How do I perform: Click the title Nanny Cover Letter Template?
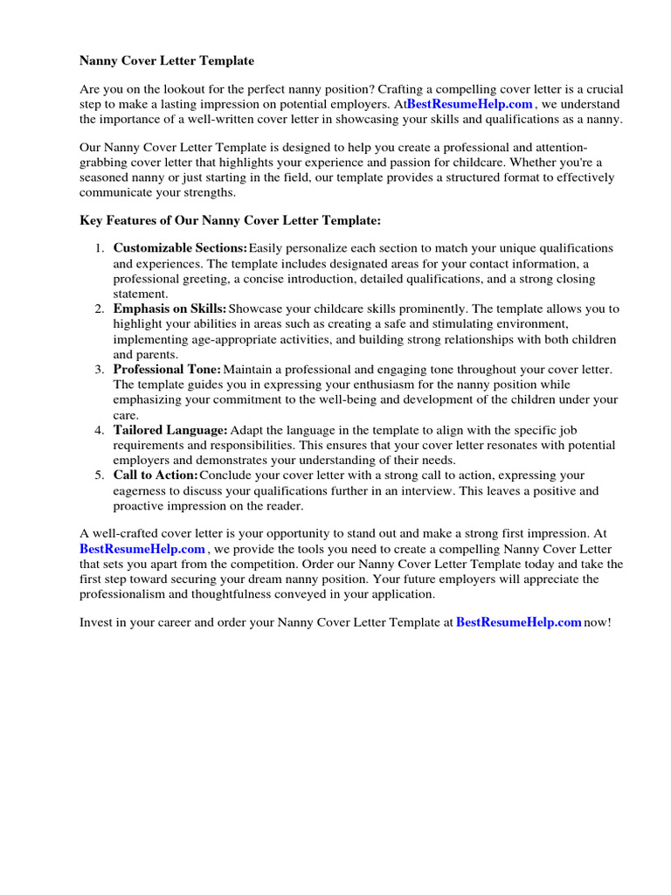[167, 61]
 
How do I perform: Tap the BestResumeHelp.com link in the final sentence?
[519, 622]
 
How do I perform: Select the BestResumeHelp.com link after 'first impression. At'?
[142, 549]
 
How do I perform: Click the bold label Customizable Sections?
[180, 248]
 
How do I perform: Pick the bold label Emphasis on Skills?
[169, 309]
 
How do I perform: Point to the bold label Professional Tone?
[167, 370]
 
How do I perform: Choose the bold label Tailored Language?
[170, 430]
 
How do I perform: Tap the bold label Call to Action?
[156, 475]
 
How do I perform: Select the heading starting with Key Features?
[231, 221]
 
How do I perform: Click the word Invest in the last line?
[96, 622]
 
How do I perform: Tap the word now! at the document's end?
[598, 622]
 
